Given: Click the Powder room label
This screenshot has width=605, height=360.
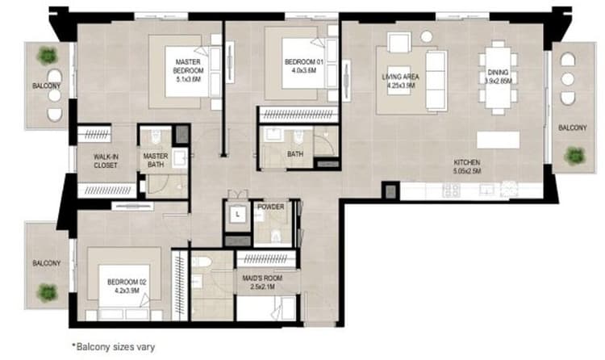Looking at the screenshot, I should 270,207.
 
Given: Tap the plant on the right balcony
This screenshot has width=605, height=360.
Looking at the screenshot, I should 574,154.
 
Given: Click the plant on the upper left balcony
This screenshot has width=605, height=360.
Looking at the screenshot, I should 48,56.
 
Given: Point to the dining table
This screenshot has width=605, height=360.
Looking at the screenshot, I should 499,77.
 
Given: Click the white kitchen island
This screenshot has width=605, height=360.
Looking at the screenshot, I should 499,139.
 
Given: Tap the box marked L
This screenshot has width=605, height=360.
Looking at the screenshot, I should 238,215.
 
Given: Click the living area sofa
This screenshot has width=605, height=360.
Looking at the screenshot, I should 436,79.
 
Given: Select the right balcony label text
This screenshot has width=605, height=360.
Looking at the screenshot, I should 573,128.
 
